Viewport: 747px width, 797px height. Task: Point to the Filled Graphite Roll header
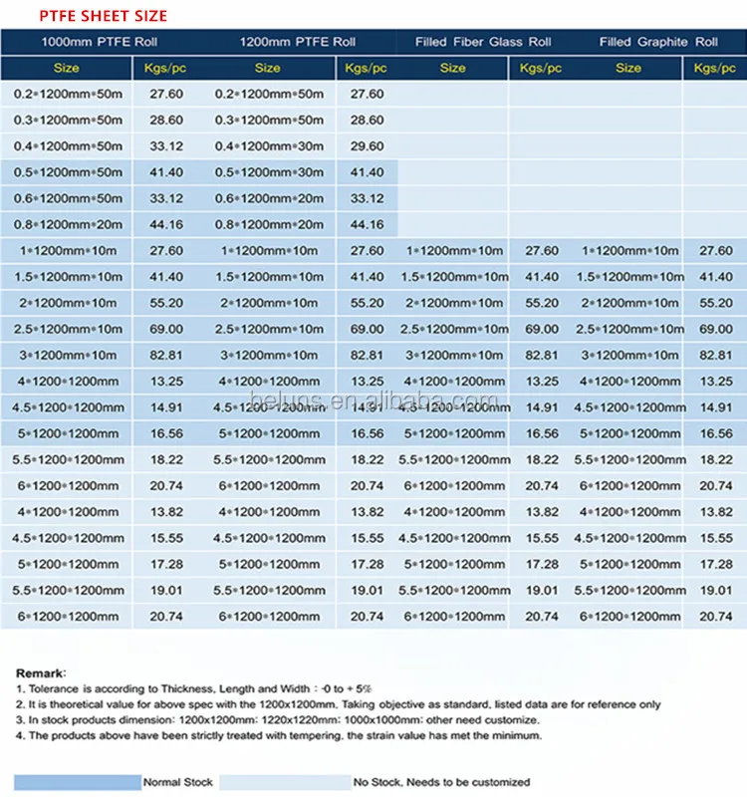point(658,42)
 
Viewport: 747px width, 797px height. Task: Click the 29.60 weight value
point(368,146)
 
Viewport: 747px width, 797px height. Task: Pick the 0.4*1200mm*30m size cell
point(268,146)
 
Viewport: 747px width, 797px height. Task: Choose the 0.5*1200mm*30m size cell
point(268,172)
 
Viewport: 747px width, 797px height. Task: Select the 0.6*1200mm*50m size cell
point(68,198)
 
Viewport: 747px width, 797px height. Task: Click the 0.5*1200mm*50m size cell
point(68,172)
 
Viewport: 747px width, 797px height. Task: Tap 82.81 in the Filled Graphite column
point(715,355)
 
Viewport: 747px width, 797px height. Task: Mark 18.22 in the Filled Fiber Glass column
point(542,459)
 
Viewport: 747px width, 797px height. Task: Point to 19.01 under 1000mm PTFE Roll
point(166,590)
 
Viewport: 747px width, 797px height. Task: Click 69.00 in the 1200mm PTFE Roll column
point(368,329)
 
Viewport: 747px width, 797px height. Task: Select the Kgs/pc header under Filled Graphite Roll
point(714,68)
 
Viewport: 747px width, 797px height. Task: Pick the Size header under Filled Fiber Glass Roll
point(452,68)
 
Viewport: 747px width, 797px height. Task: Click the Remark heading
point(41,673)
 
